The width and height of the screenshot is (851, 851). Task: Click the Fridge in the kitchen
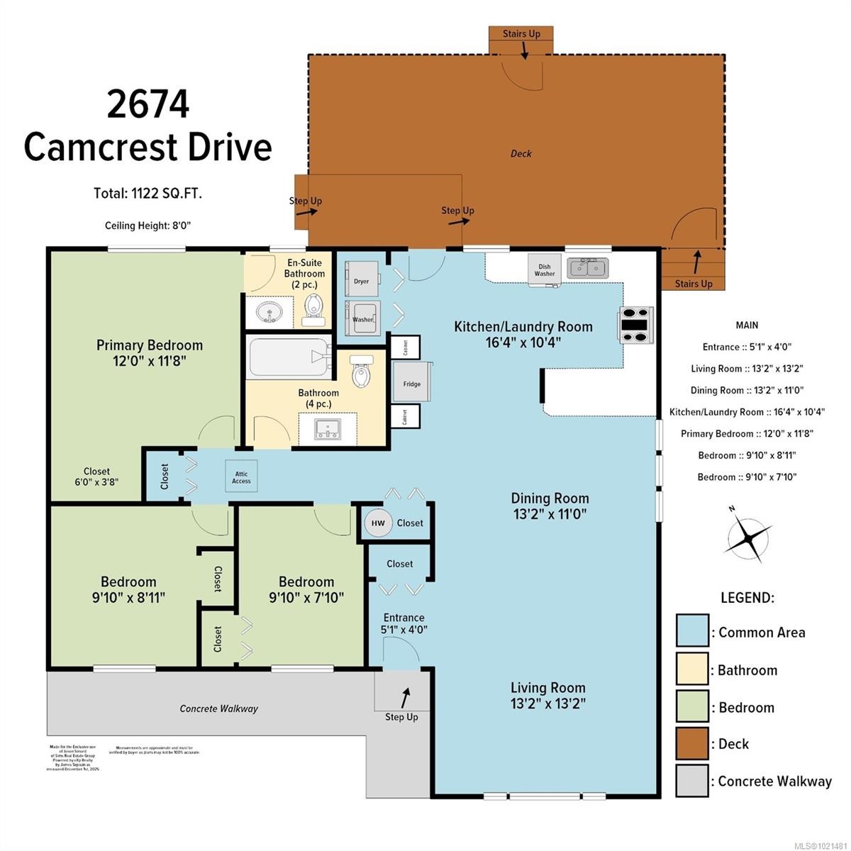coord(411,384)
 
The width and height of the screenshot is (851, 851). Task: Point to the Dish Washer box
coord(545,269)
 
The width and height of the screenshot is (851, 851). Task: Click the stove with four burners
coord(636,326)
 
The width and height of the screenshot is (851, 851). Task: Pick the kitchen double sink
coord(587,268)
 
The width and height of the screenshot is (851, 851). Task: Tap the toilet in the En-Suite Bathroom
coord(312,308)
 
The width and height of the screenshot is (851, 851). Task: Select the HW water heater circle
coord(378,523)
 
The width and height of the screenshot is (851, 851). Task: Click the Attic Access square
coord(241,477)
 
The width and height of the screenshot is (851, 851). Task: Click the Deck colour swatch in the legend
coord(691,743)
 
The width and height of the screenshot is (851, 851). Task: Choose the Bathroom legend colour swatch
coord(691,669)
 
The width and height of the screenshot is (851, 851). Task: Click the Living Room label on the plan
coord(548,695)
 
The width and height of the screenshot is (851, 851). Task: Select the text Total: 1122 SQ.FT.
coord(148,193)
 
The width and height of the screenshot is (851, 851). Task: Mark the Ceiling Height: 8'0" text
coord(148,226)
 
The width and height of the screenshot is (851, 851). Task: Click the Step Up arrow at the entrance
coord(405,697)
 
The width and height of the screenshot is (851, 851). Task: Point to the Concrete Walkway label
coord(218,708)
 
